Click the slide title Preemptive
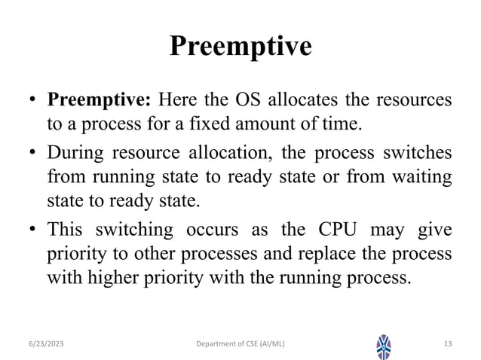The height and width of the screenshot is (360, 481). click(240, 47)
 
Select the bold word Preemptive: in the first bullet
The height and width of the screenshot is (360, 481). click(100, 101)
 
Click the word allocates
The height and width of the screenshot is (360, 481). click(309, 101)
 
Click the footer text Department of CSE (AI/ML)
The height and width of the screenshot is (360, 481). click(240, 344)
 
